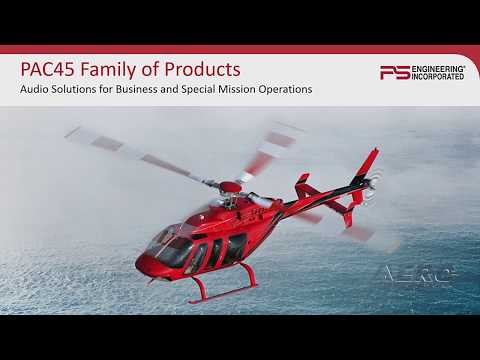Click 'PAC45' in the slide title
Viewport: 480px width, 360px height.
tap(47, 70)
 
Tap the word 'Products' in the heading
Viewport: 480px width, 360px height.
tap(203, 70)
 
